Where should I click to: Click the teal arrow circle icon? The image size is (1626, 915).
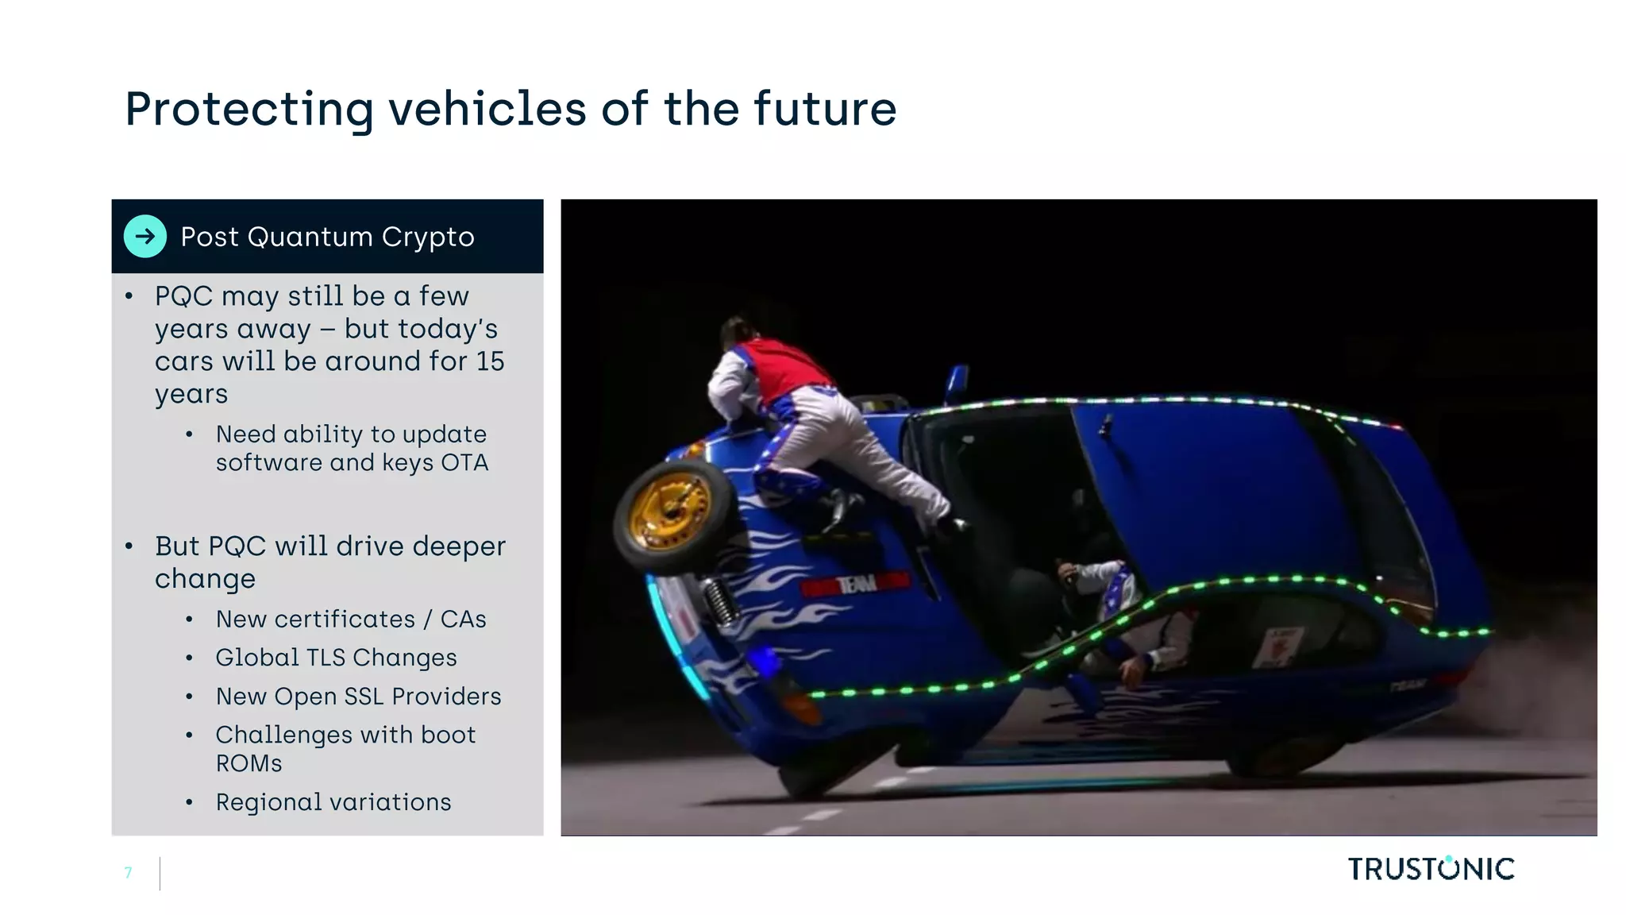pos(145,236)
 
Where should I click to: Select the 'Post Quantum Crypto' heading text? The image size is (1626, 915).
pos(327,237)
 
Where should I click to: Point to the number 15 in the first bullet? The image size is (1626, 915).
pos(490,361)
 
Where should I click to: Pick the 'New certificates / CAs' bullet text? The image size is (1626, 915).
pos(351,619)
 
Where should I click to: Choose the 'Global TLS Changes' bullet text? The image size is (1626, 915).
pos(336,658)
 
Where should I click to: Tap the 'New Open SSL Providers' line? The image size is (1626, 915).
pos(358,697)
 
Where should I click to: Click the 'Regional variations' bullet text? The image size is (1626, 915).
pos(333,802)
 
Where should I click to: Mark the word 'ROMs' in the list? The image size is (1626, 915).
pos(249,763)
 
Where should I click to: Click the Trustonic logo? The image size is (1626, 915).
pos(1431,869)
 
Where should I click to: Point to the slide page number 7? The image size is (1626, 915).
pos(129,873)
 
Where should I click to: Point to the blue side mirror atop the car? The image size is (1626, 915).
pos(957,383)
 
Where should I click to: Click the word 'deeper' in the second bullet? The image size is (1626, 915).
pos(459,546)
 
